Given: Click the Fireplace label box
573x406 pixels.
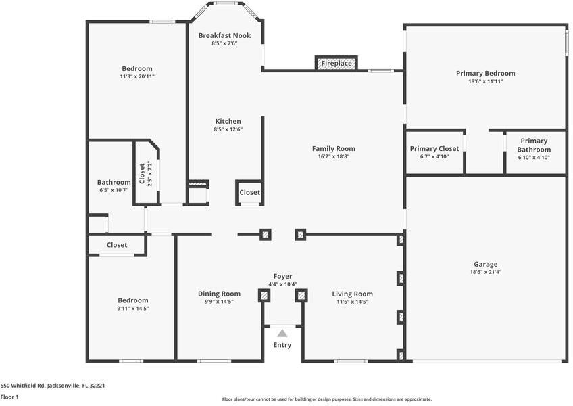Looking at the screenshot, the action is (x=337, y=63).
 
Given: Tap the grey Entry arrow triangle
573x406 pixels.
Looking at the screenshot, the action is (x=282, y=333).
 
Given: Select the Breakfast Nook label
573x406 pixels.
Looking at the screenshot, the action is (x=224, y=35).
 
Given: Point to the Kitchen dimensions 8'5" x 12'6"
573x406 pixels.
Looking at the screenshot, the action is (x=228, y=129).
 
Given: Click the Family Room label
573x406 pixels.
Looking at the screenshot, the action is (x=333, y=148).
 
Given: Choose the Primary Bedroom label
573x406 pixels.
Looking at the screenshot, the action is (x=486, y=73).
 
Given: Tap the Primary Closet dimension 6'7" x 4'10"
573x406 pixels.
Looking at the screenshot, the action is (x=434, y=157).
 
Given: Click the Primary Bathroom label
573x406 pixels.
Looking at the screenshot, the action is (x=534, y=145).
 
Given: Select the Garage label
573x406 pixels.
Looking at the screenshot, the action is (x=485, y=264).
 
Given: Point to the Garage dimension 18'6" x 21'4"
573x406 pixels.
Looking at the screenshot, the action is (x=485, y=272).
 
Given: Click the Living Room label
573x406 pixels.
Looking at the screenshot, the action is (x=352, y=294).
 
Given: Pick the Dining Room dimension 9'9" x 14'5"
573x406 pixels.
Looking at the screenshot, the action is (x=219, y=302).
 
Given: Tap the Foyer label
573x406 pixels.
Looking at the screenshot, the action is (x=282, y=276).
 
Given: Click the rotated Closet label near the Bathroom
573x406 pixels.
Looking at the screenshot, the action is (x=142, y=173).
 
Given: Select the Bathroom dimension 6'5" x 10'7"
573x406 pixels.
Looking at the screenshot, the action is (x=114, y=190).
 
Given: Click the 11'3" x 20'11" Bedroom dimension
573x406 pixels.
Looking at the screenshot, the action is (x=137, y=76).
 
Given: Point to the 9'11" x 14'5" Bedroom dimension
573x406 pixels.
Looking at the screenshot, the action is (x=132, y=309).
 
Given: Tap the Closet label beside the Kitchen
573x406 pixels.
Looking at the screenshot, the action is (x=249, y=192).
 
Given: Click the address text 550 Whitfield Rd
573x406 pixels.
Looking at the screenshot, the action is (x=22, y=386).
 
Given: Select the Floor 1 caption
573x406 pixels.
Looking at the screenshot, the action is (x=9, y=397).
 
